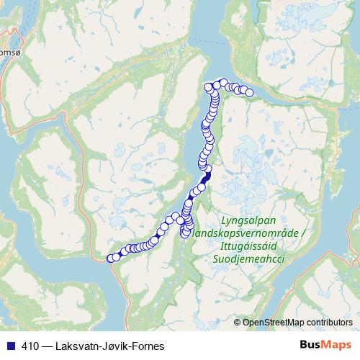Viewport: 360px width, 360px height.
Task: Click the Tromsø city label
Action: pos(6,53)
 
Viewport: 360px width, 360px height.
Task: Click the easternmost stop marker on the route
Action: pos(250,92)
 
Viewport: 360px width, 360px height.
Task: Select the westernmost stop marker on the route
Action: pos(111,258)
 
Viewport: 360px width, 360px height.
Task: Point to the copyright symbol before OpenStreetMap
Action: pos(238,322)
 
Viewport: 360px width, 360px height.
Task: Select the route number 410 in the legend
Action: pos(27,346)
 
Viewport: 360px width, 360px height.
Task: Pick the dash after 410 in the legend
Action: pos(44,346)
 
